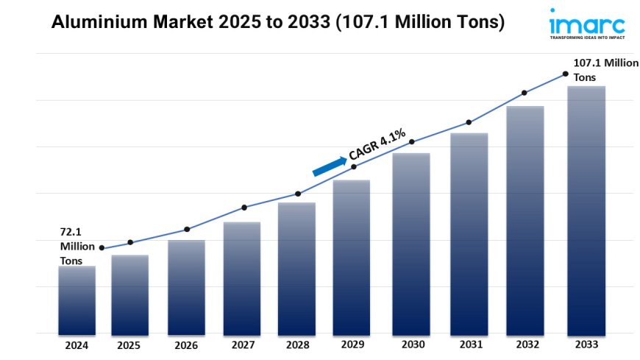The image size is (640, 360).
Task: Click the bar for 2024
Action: [x=77, y=300]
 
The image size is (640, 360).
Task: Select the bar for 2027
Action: [x=242, y=278]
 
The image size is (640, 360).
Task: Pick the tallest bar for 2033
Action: [x=586, y=210]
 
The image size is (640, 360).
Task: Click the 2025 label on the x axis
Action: [x=129, y=344]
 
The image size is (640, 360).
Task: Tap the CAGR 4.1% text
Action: [x=377, y=145]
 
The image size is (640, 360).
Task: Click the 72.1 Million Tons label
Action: [x=77, y=247]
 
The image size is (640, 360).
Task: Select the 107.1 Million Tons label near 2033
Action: [x=605, y=70]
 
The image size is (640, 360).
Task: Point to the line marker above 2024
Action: [x=102, y=248]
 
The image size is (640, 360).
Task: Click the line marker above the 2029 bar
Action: [x=354, y=167]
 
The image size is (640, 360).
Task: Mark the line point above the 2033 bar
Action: [x=565, y=74]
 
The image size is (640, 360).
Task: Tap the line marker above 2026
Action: [x=187, y=229]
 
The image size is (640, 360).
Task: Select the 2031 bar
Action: [x=469, y=233]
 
